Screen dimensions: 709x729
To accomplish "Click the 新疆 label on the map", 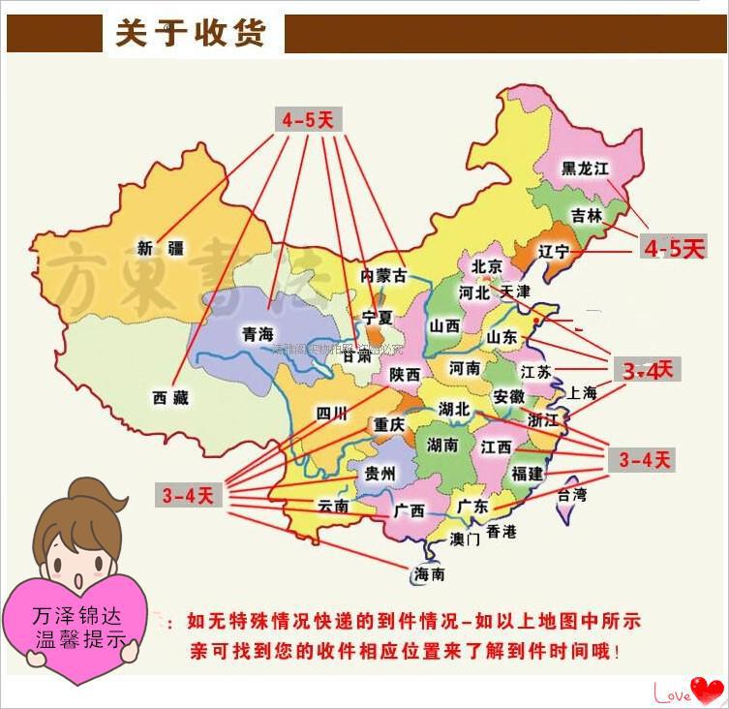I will pos(160,248).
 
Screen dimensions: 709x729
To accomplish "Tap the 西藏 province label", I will pos(170,397).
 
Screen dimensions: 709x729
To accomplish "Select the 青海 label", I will pos(258,333).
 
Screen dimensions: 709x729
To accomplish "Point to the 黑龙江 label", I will pos(587,168).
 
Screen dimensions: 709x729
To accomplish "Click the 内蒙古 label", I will pos(383,275).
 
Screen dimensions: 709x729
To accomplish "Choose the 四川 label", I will pos(331,414).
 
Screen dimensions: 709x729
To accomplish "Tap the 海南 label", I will pos(430,574).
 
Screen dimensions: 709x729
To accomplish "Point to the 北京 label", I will pos(487,266).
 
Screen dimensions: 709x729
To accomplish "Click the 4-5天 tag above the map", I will pos(308,120).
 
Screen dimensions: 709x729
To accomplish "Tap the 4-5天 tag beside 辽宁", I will pos(674,249).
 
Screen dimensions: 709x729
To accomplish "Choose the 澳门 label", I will pos(466,539).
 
